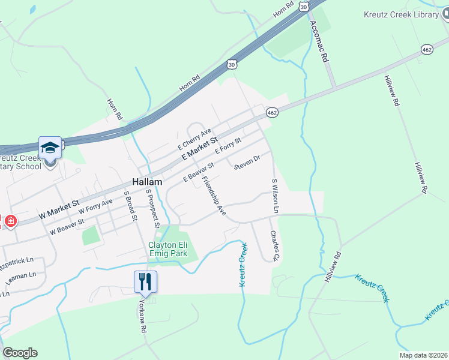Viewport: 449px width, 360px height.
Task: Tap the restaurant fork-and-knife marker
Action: (x=145, y=281)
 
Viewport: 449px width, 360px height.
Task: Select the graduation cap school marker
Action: (x=50, y=147)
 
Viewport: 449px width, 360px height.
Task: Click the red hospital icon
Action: (x=10, y=221)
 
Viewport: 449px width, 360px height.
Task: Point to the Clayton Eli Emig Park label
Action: (x=168, y=249)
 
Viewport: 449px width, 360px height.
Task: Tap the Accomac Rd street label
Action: (x=319, y=42)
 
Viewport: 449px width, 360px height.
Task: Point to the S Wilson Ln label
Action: (x=275, y=196)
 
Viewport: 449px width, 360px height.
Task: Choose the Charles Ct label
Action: (x=275, y=246)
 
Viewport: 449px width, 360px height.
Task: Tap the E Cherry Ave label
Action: (x=195, y=140)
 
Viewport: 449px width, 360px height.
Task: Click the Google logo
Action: (x=20, y=353)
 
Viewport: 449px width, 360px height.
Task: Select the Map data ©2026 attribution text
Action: (x=423, y=355)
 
